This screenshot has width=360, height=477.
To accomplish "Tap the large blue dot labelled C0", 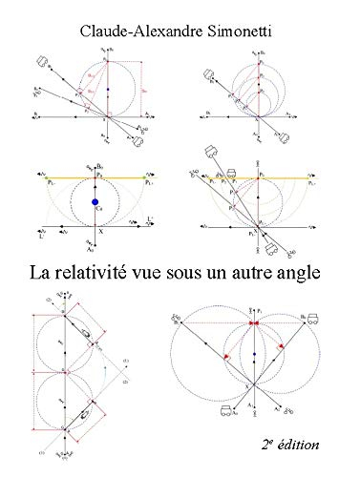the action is click(94, 202).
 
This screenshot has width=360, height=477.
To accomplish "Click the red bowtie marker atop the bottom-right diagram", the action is click(255, 323).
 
